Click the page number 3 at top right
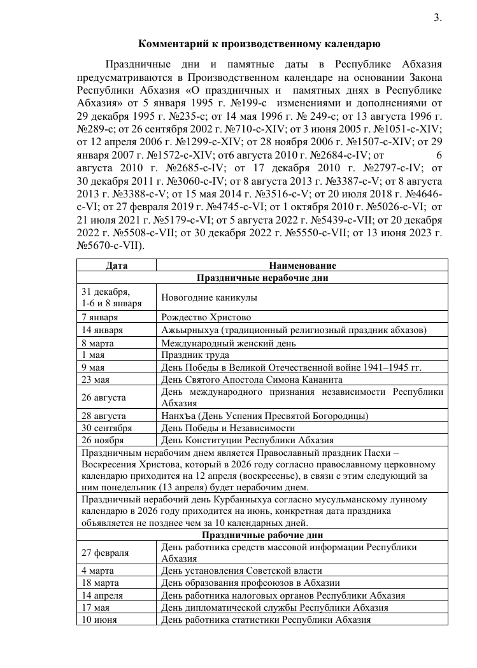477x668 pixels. pyautogui.click(x=438, y=18)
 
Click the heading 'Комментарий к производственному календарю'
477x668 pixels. pyautogui.click(x=260, y=44)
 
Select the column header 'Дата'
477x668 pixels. pyautogui.click(x=117, y=266)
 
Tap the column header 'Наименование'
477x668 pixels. pyautogui.click(x=303, y=266)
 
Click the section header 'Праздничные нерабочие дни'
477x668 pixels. pyautogui.click(x=262, y=277)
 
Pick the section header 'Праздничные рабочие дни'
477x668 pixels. pyautogui.click(x=262, y=535)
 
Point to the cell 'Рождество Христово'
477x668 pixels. pyautogui.click(x=206, y=317)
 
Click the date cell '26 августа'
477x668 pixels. pyautogui.click(x=104, y=397)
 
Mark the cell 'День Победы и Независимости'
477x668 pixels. pyautogui.click(x=228, y=428)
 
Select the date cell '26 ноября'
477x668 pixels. pyautogui.click(x=103, y=440)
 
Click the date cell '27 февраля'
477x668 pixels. pyautogui.click(x=105, y=553)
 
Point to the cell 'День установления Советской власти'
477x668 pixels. pyautogui.click(x=241, y=571)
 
